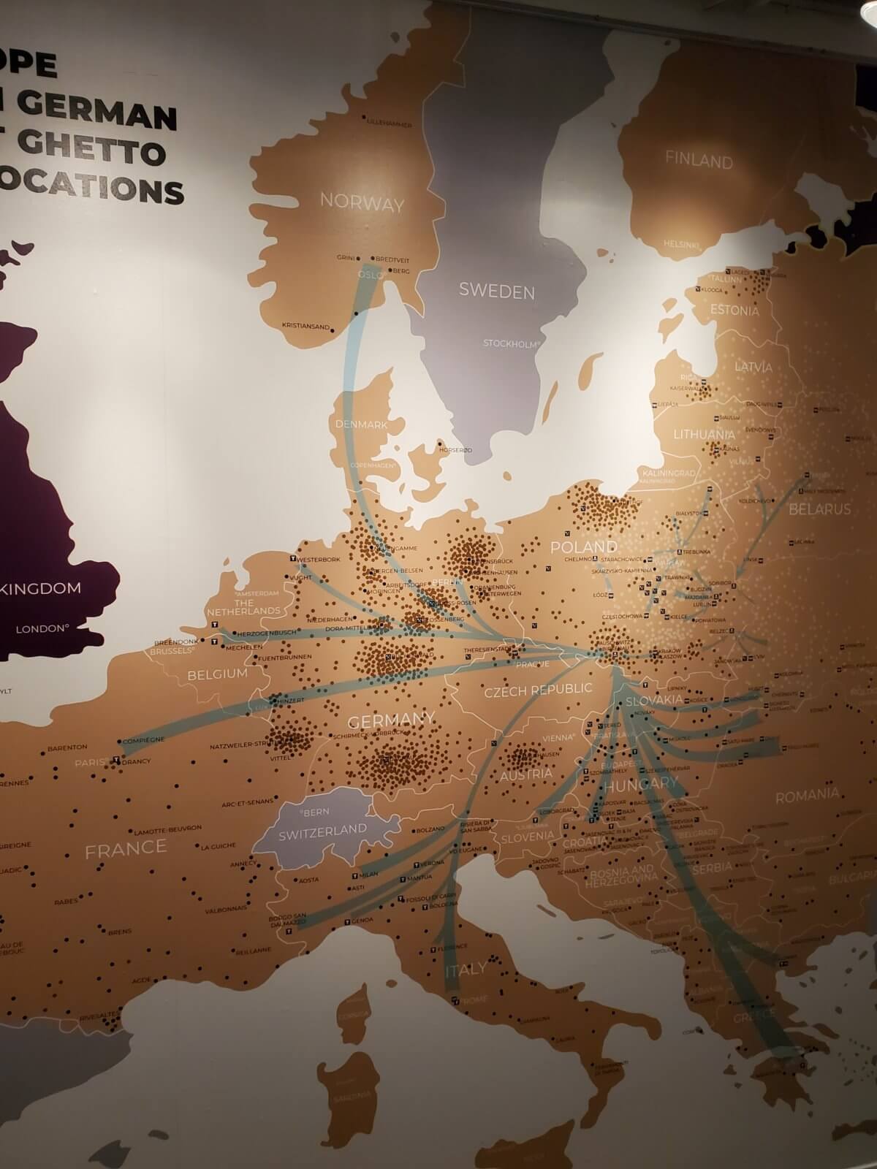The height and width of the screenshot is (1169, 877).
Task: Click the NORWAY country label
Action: [x=362, y=204]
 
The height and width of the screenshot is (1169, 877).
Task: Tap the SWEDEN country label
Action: [x=496, y=292]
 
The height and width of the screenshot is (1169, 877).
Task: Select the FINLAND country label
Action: [x=699, y=161]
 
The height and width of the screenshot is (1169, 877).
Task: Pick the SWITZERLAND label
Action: [x=322, y=830]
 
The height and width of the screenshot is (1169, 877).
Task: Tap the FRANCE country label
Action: [x=126, y=848]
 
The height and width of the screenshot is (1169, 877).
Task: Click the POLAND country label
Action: [x=583, y=547]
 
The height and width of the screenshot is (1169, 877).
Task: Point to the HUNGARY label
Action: [x=641, y=783]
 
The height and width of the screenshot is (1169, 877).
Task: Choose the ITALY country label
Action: [x=466, y=970]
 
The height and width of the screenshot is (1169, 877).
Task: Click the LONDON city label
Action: [x=42, y=628]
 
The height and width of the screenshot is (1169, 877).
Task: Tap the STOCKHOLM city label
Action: [x=511, y=342]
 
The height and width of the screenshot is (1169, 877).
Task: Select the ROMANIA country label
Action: [x=807, y=795]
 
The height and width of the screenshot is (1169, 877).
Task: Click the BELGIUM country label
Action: [x=217, y=674]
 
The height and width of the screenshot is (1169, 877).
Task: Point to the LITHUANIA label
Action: [x=704, y=434]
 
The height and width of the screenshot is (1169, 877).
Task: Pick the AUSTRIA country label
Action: [x=526, y=774]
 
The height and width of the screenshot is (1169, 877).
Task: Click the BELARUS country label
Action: [x=820, y=509]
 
